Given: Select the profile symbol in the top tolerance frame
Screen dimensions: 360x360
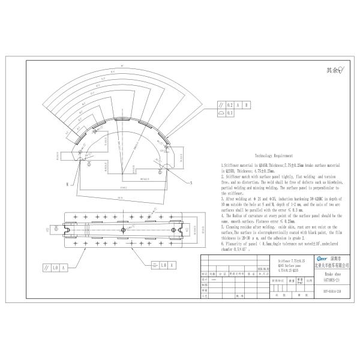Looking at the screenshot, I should (221, 112).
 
